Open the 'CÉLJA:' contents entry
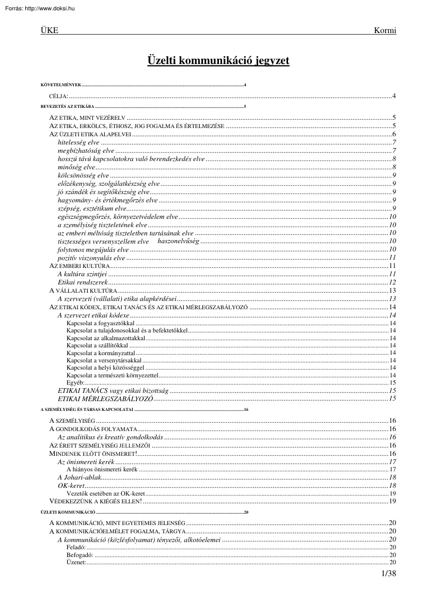58,96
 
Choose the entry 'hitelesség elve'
78,142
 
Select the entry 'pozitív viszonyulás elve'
91,258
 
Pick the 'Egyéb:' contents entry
75,383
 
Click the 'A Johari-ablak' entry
76,478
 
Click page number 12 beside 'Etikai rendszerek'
392,282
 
